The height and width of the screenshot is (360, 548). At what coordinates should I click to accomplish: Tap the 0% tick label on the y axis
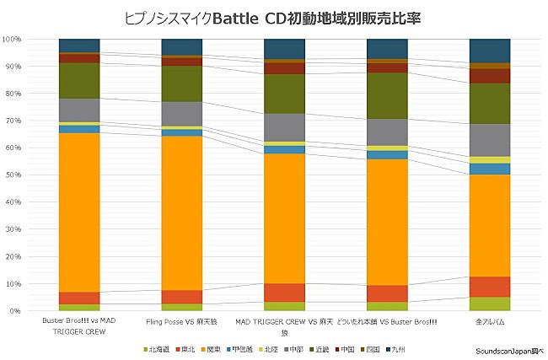coord(15,311)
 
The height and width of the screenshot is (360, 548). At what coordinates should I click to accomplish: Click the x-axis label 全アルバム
coord(489,322)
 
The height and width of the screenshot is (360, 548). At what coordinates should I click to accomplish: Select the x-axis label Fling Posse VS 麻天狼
coord(181,322)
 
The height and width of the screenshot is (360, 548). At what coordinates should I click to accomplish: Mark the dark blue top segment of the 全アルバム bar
coord(489,51)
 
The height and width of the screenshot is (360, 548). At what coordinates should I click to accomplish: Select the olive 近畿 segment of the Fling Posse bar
coord(181,83)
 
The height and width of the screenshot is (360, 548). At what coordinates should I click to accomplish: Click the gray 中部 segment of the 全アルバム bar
coord(489,140)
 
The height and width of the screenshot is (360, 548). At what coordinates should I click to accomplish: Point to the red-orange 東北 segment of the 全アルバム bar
coord(489,287)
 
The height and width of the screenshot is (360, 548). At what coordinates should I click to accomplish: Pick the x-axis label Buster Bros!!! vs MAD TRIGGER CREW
coord(79,326)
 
